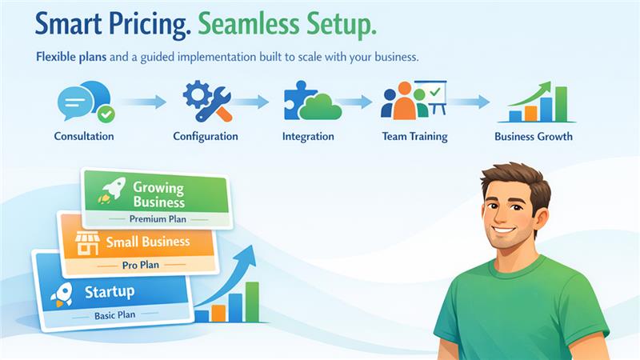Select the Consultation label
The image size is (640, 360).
(x=84, y=136)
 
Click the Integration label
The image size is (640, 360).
(x=308, y=136)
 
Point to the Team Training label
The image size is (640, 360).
(x=414, y=136)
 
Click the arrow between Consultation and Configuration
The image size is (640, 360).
(x=143, y=102)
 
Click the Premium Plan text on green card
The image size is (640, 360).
(x=158, y=218)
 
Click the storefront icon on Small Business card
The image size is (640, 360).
(x=86, y=243)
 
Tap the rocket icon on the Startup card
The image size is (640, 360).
(x=62, y=294)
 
